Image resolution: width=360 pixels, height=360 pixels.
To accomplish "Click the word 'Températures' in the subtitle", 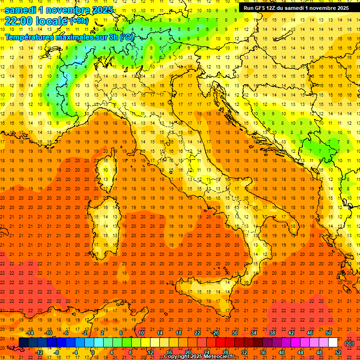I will [x=29, y=37].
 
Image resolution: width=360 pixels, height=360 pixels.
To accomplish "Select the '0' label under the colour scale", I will [x=93, y=352].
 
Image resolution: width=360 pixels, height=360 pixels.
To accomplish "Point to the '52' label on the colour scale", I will [x=337, y=352].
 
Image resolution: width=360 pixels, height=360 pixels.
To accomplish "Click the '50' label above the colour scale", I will [x=329, y=333].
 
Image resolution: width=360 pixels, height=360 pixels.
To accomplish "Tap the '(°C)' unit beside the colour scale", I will [x=349, y=343].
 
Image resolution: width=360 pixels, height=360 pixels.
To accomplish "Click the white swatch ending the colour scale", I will [x=333, y=343].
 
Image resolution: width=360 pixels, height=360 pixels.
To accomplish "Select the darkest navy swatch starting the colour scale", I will [x=23, y=343].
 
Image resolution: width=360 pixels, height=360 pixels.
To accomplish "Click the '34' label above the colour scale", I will [x=254, y=333].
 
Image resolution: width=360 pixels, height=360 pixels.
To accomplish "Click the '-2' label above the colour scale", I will [x=85, y=333].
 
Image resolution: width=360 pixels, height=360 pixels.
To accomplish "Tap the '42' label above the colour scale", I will [x=291, y=333].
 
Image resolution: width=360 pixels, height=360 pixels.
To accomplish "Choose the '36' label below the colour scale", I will [x=263, y=352].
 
